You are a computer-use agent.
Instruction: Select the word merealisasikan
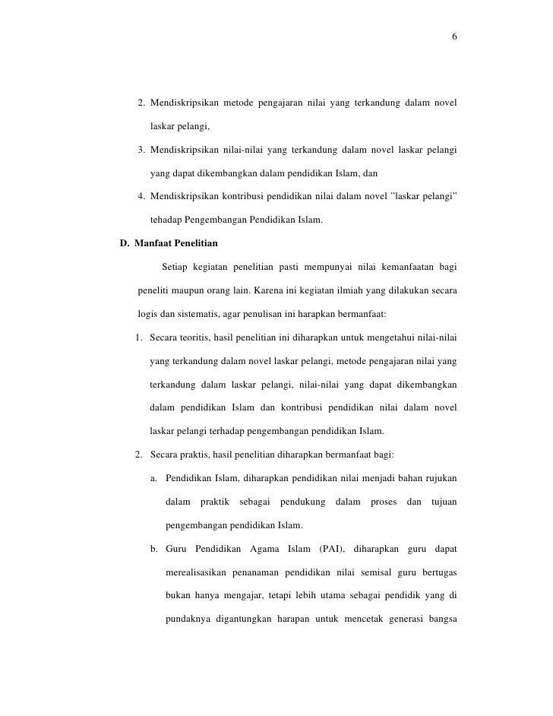(197, 572)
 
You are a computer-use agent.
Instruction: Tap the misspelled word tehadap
(166, 220)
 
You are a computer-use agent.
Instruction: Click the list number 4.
(142, 197)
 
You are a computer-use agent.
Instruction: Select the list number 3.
(142, 150)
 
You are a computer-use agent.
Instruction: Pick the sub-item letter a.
(154, 479)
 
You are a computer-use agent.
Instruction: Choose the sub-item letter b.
(154, 549)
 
